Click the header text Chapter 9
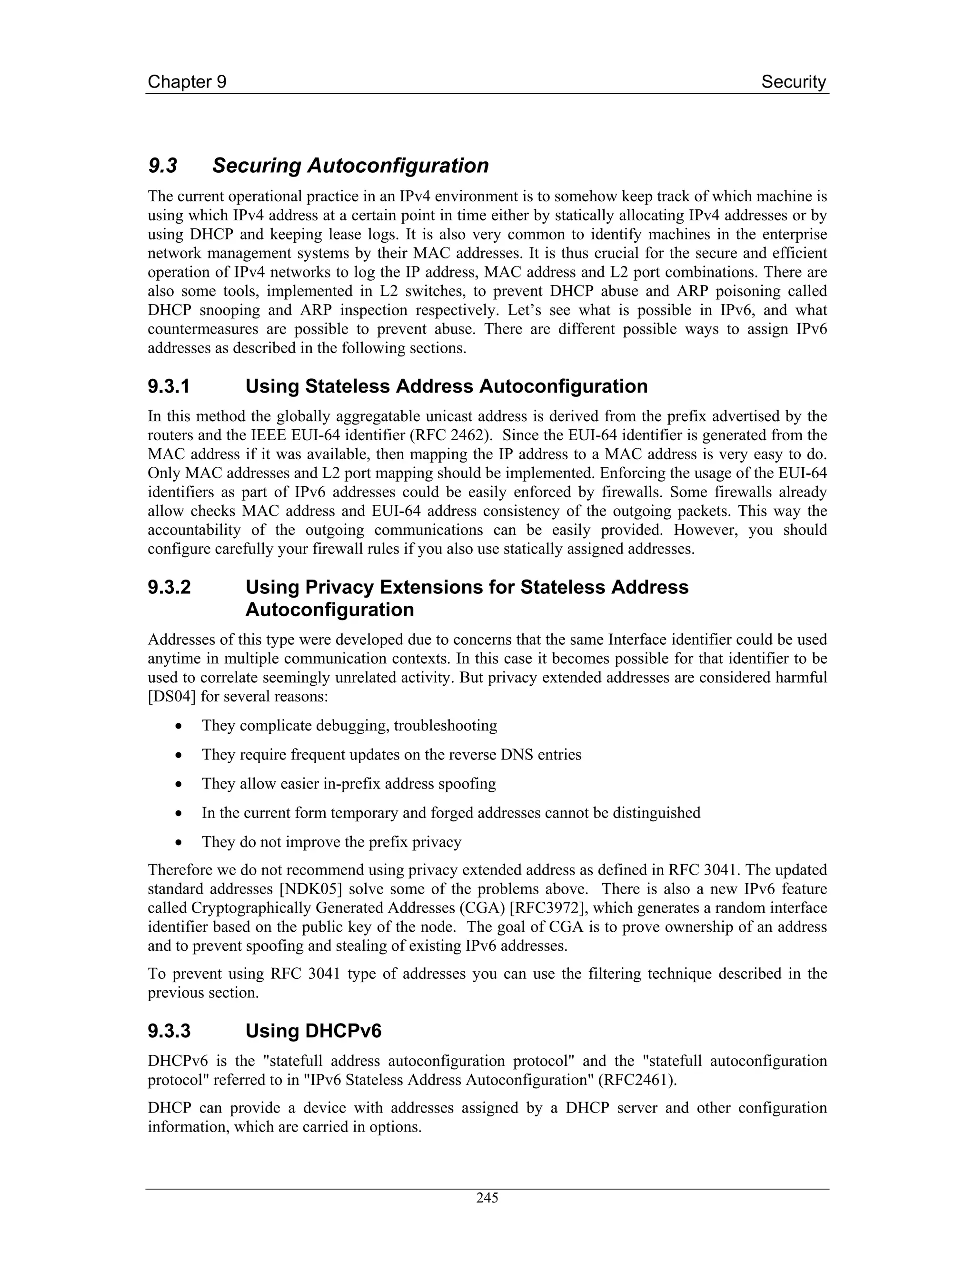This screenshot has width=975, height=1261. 187,82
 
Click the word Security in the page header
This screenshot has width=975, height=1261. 793,82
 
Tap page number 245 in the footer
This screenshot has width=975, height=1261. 487,1198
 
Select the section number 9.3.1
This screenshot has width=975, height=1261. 169,386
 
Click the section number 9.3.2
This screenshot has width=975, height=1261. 169,587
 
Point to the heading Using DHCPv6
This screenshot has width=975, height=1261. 313,1031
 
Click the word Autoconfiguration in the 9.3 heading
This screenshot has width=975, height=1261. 398,166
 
